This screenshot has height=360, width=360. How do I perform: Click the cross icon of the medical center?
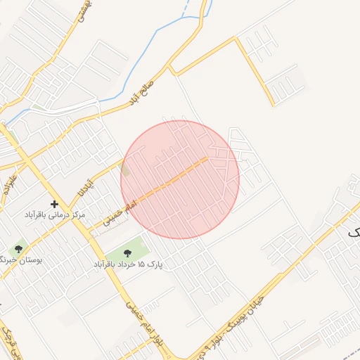click(x=54, y=204)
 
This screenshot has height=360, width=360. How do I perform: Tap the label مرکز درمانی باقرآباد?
click(x=55, y=214)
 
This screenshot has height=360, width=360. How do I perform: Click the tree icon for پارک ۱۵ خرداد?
click(x=127, y=253)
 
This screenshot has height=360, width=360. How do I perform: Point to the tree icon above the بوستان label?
click(x=18, y=249)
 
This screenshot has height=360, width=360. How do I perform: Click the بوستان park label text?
click(x=21, y=259)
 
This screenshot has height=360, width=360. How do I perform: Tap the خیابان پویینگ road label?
click(x=232, y=327)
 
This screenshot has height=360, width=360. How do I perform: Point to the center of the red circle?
click(x=180, y=179)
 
